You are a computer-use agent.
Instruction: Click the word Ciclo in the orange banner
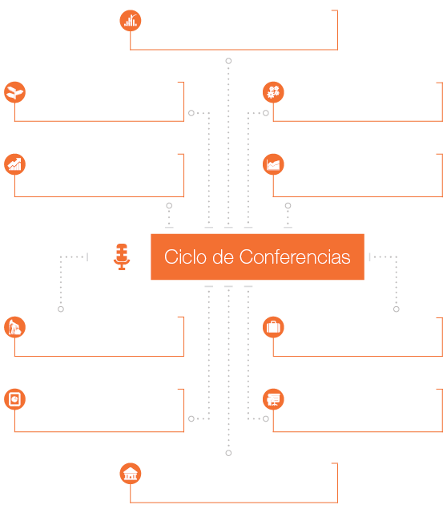point(185,256)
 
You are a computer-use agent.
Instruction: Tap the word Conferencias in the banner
point(295,256)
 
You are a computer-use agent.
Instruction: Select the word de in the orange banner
point(223,256)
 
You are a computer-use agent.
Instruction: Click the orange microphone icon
point(122,256)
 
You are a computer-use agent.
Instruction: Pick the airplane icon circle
point(14,92)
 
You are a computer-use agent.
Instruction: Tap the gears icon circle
point(273,92)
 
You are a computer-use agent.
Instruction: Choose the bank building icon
point(131,474)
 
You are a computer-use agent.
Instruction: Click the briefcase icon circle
point(273,327)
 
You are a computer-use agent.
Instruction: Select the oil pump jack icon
point(14,327)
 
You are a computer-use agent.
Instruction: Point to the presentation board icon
point(273,399)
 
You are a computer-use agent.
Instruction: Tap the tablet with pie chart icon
point(14,399)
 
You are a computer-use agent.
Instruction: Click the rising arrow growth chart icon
point(14,164)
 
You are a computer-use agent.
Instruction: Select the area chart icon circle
point(273,164)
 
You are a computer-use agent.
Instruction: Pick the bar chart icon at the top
point(131,21)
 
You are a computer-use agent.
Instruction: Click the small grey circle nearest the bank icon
point(228,453)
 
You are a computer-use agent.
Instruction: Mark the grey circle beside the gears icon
point(266,113)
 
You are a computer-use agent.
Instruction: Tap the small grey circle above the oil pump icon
point(61,309)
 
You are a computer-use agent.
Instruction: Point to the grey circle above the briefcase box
point(397,309)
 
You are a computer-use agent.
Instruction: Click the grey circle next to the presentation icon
point(266,418)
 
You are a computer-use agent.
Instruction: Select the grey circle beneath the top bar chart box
point(228,61)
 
